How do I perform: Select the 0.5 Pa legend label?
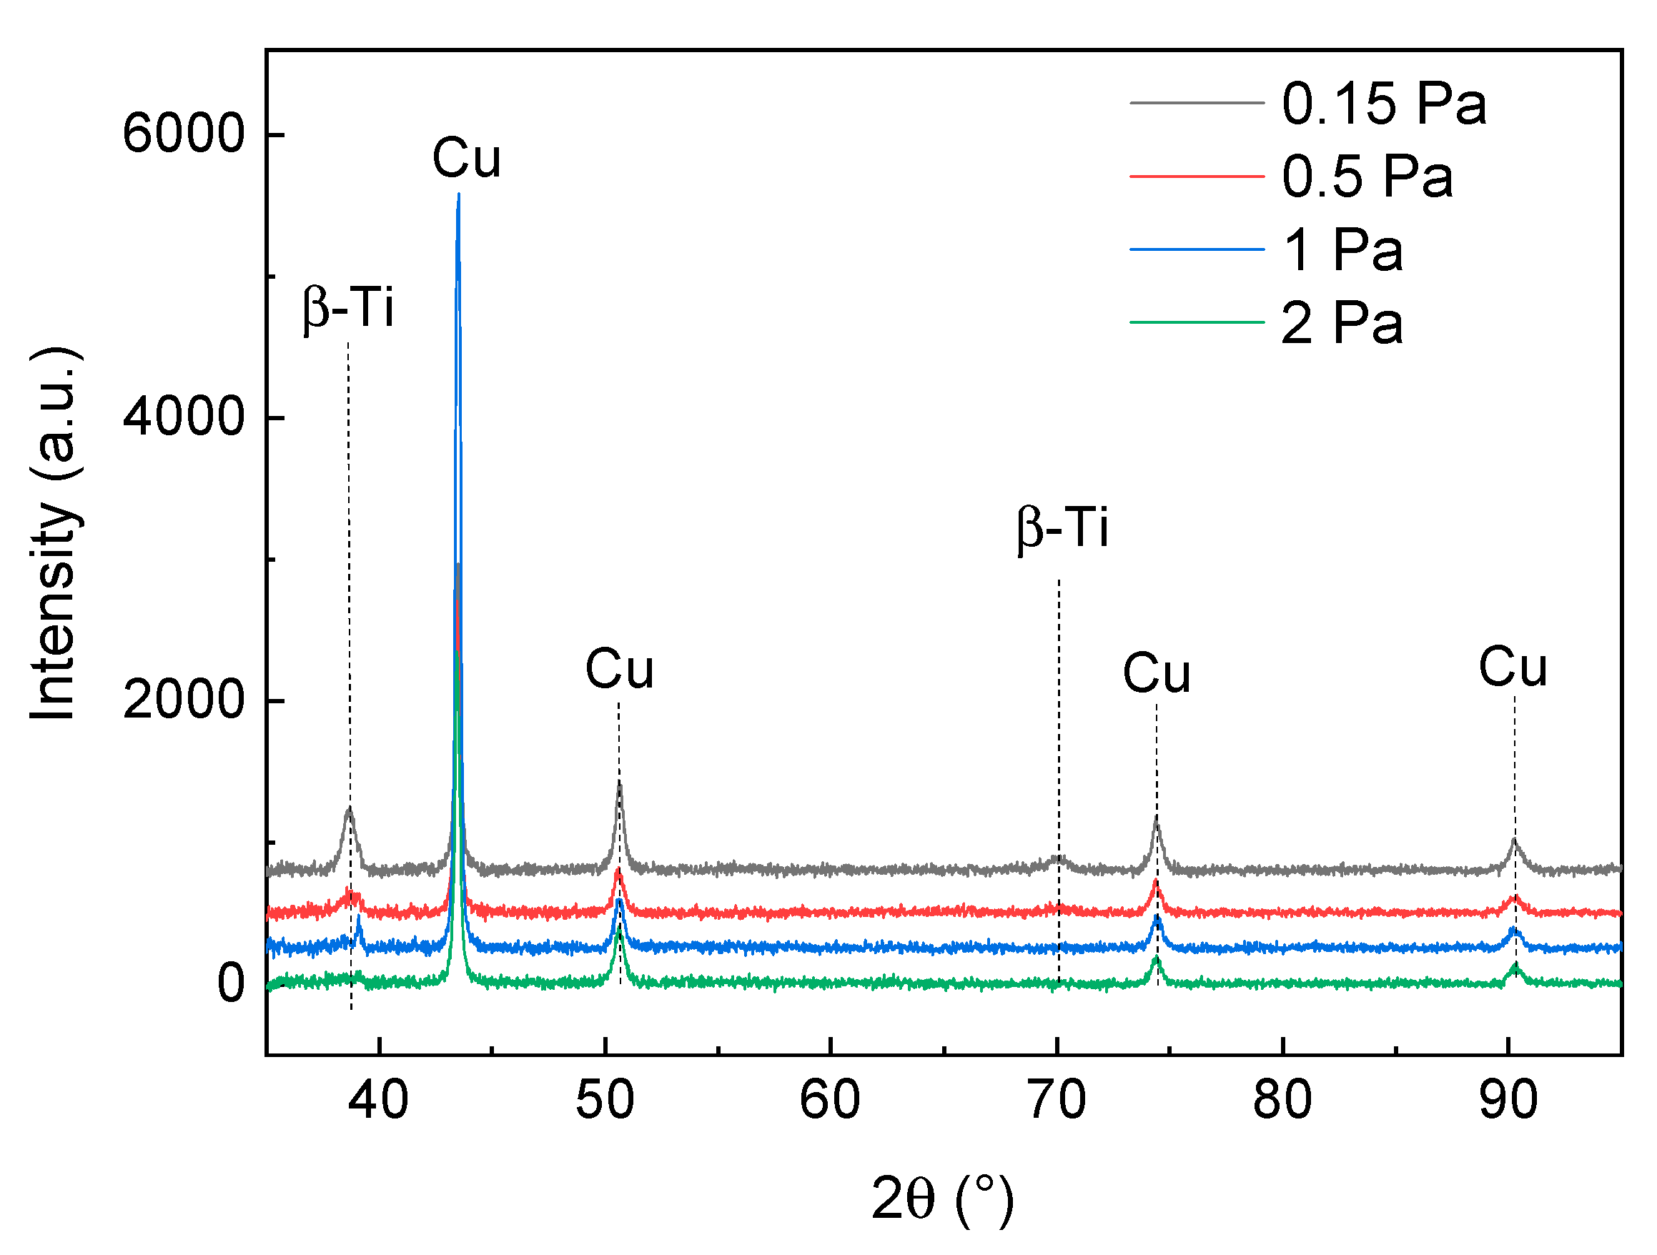(1366, 177)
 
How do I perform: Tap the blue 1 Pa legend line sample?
(1197, 249)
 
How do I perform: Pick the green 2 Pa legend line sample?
(1197, 322)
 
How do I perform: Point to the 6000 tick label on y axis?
(184, 135)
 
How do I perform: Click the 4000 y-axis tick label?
(184, 417)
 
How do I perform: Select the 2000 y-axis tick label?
(184, 700)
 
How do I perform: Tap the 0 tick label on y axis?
(230, 983)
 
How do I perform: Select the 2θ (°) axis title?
(942, 1199)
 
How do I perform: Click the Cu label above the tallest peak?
(466, 159)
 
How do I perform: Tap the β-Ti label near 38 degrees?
(348, 308)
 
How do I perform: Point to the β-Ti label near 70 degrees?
(1062, 528)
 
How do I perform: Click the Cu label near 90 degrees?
(1512, 668)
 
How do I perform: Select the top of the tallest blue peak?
(458, 197)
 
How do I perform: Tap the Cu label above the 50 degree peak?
(619, 670)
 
